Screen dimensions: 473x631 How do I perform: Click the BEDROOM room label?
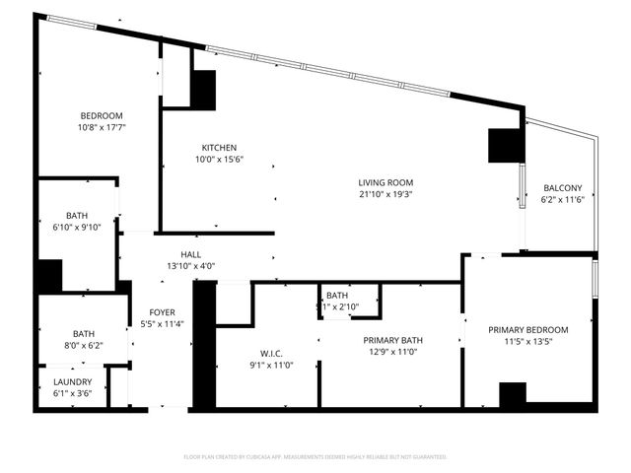coord(102,115)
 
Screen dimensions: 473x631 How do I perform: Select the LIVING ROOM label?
coord(385,182)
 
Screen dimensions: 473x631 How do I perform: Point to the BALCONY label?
coord(563,188)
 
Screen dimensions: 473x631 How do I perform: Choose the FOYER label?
coord(162,312)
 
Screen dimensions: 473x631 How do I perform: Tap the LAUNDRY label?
coord(73,382)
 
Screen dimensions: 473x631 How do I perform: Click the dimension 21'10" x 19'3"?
coord(385,194)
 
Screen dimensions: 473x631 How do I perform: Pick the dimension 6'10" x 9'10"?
coord(77,228)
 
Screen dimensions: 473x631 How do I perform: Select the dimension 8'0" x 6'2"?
coord(82,345)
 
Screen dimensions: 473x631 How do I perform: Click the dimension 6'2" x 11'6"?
coord(563,200)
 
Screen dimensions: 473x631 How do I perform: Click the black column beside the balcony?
coord(505,147)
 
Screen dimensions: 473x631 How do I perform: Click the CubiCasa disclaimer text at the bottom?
coord(315,457)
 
